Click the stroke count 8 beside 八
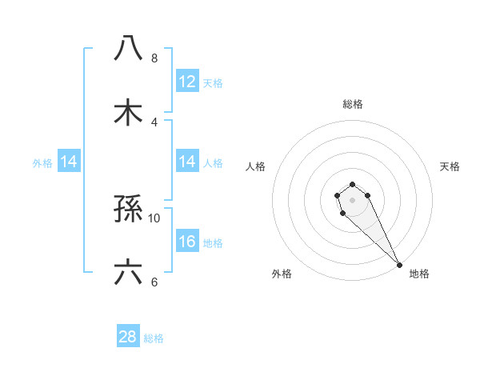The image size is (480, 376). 154,58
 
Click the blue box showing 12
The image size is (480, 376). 187,82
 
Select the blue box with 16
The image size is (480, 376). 187,242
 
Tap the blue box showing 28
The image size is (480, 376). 128,337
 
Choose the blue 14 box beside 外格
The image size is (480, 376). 69,162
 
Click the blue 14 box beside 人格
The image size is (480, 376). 187,162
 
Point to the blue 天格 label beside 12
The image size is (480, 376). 212,83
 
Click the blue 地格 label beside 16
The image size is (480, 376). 212,243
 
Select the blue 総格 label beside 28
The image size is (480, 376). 154,338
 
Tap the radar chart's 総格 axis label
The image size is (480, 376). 353,104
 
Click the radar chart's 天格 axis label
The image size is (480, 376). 450,166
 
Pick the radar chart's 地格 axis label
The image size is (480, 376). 419,274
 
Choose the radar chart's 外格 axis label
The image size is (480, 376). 282,274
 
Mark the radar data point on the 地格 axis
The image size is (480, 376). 399,265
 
